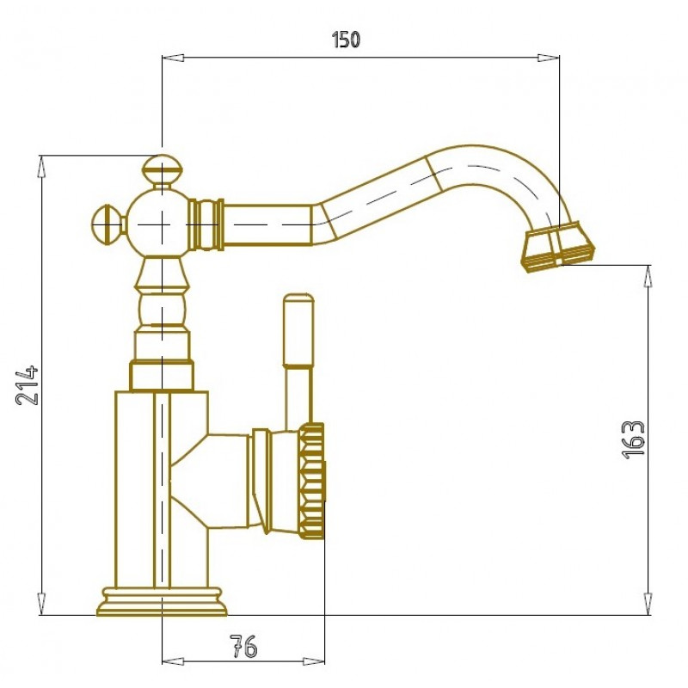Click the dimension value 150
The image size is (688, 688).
point(346,39)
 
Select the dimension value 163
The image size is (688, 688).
point(634,439)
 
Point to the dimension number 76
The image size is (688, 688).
point(243,647)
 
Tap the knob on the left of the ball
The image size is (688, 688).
point(108,224)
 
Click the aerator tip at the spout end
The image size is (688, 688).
point(557,247)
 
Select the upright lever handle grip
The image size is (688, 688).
point(298,329)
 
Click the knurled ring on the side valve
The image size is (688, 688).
point(312,481)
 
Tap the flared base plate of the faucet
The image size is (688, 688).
point(162,601)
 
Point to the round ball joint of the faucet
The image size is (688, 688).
point(160,224)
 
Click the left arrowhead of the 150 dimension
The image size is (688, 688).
point(173,58)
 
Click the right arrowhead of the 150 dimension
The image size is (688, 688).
point(549,58)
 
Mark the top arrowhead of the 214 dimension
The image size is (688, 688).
point(41,166)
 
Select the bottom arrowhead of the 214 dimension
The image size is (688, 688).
point(41,604)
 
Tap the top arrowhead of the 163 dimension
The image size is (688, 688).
point(648,276)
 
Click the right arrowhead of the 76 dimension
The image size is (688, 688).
point(314,661)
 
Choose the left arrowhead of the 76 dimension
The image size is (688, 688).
point(173,661)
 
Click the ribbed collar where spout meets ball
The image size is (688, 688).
point(206,224)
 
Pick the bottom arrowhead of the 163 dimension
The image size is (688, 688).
point(648,604)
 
